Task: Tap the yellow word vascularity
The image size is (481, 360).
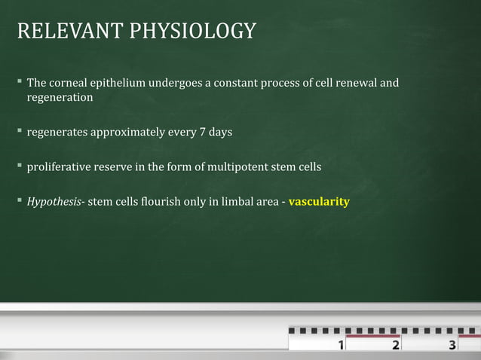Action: [319, 202]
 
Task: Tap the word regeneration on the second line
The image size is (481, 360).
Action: [60, 98]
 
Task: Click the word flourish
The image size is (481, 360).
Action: [152, 202]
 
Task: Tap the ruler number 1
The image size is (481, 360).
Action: [342, 346]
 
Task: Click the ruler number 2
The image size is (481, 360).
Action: [396, 346]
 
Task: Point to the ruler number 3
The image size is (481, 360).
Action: [452, 346]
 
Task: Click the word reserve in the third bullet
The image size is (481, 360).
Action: [121, 167]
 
